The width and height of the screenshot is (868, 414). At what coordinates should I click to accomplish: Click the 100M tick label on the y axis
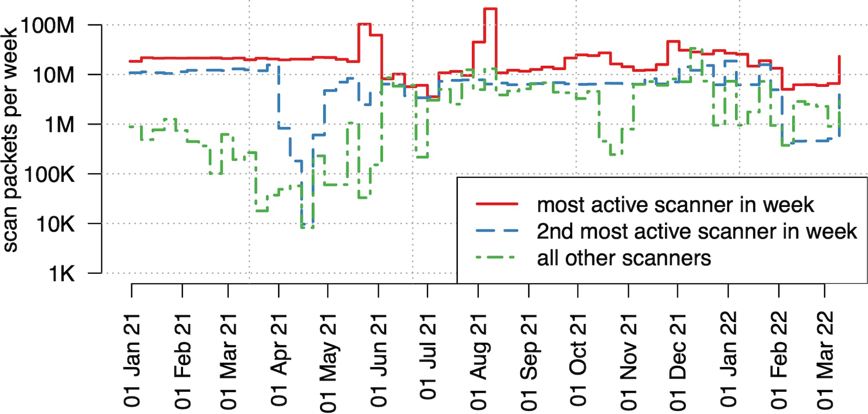[x=47, y=25]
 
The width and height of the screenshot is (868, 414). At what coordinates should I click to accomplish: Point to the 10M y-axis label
[x=53, y=75]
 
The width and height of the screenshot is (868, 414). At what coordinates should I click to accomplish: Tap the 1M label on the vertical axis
[x=59, y=124]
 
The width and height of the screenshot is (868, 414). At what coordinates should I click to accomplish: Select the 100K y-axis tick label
[x=49, y=174]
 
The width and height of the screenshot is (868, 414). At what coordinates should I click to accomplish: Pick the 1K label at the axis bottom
[x=61, y=274]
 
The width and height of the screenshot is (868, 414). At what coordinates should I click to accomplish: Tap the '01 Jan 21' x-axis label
[x=132, y=361]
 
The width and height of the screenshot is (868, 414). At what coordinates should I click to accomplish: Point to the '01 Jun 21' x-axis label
[x=379, y=361]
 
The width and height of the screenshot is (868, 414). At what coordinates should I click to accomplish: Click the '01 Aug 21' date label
[x=478, y=362]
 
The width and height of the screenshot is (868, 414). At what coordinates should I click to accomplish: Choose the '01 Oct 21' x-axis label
[x=578, y=360]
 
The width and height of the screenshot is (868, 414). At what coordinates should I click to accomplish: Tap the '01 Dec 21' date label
[x=678, y=362]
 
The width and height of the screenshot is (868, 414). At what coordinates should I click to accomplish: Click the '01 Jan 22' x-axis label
[x=728, y=359]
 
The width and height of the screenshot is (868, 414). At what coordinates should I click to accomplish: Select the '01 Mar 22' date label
[x=825, y=360]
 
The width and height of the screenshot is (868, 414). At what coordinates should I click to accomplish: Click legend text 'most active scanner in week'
[x=675, y=205]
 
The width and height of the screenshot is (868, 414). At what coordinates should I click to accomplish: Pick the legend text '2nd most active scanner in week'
[x=696, y=232]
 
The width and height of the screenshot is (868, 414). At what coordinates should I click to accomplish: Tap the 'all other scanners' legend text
[x=624, y=258]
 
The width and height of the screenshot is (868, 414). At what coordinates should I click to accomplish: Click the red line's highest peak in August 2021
[x=491, y=9]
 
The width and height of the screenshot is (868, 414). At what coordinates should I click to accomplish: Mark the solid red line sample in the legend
[x=497, y=205]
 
